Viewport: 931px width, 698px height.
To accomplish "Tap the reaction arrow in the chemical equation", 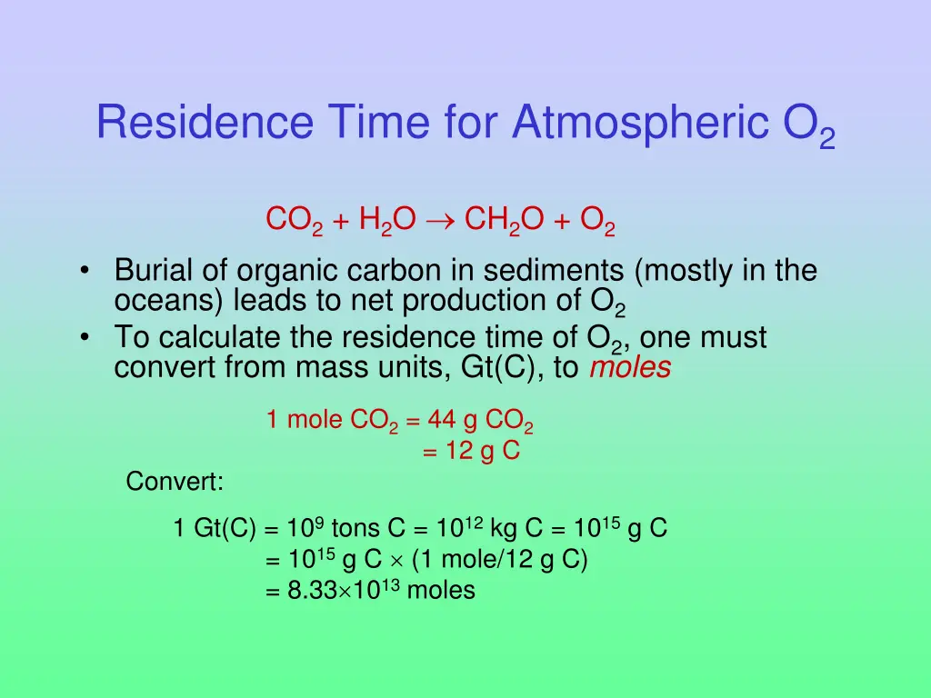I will (440, 220).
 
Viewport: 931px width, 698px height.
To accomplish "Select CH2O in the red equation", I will (505, 220).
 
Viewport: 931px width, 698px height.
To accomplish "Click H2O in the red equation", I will (387, 220).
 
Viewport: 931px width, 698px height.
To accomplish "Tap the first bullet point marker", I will (85, 271).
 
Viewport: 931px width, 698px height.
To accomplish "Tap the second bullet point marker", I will (85, 338).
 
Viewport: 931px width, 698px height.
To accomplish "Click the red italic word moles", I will (630, 368).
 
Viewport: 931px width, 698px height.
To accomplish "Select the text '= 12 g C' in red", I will (471, 451).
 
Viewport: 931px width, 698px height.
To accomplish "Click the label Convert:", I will (175, 481).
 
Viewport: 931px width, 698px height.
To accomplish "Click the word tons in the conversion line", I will (356, 528).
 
